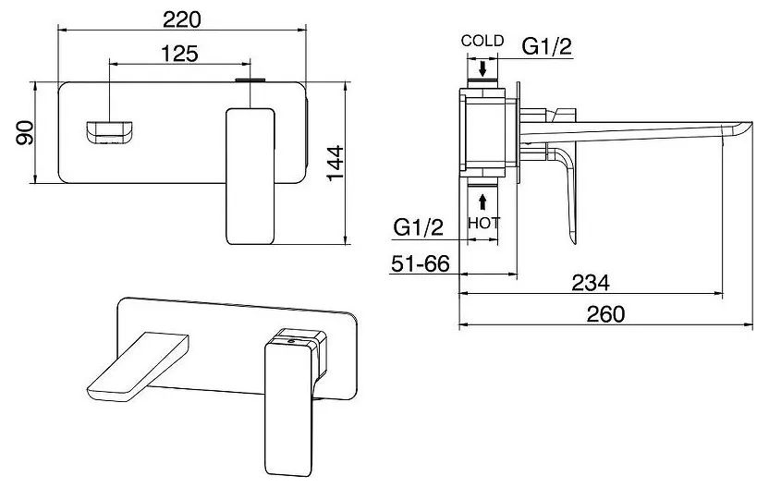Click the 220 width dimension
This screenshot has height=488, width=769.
[182, 19]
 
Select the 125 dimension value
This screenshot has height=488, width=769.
[179, 54]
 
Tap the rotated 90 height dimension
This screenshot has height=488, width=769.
[25, 132]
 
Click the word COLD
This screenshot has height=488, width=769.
[482, 41]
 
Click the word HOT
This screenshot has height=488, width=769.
[483, 223]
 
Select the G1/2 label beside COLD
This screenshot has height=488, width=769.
[546, 46]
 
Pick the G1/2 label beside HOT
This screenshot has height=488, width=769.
[419, 227]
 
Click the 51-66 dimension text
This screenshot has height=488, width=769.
[421, 263]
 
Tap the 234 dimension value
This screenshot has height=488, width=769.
[591, 283]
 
